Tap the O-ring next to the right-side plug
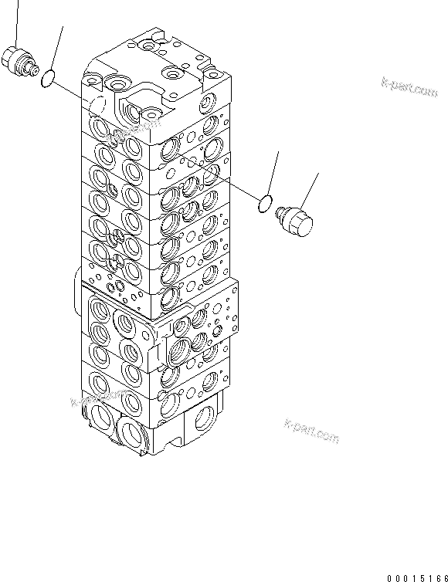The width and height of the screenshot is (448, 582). (x=264, y=205)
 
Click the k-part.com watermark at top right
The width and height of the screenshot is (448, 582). (x=409, y=88)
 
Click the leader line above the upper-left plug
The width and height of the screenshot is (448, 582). (x=15, y=22)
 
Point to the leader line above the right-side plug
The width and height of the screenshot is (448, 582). (x=308, y=192)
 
